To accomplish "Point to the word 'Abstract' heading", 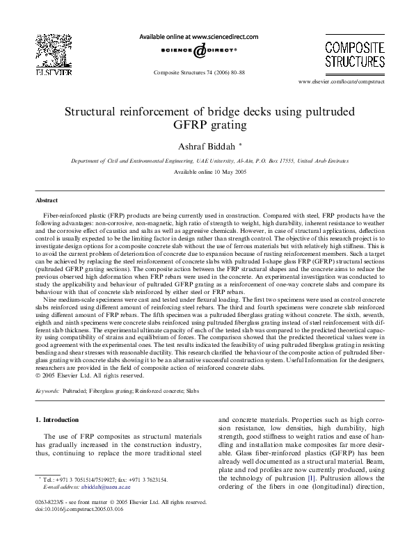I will [47, 200].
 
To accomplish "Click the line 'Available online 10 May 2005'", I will [207, 171].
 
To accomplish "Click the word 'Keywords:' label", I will [47, 391].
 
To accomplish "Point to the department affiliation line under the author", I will [207, 160].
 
